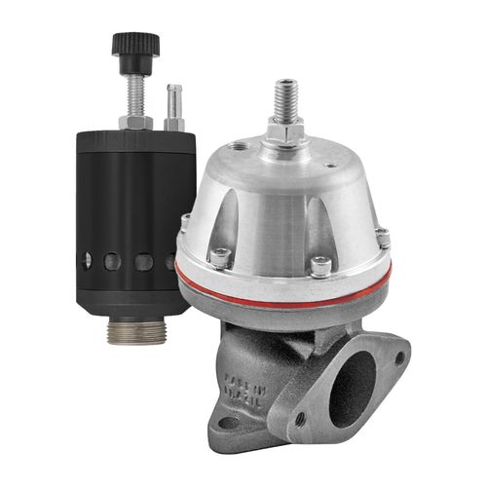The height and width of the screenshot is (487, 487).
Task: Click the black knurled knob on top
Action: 132,42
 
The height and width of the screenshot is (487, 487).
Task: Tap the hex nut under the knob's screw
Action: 133,122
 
